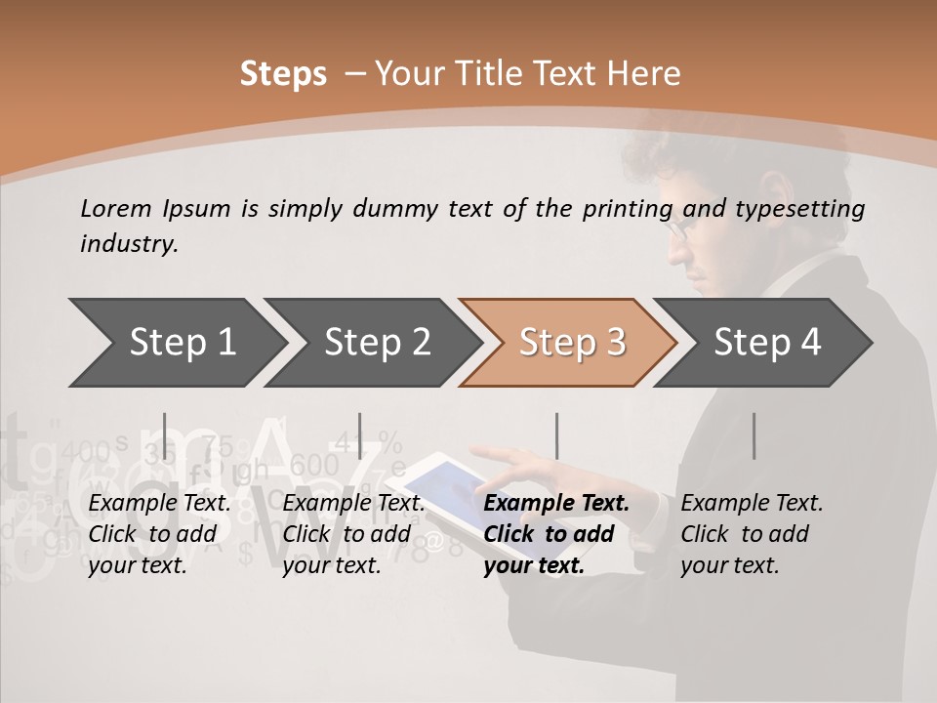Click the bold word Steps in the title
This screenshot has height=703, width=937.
coord(283,73)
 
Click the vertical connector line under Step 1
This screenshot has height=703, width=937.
coord(165,435)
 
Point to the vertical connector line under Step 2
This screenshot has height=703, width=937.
coord(360,435)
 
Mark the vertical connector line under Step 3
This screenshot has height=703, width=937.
coord(556,435)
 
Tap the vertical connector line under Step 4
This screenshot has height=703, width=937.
coord(754,435)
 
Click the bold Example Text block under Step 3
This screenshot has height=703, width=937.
coord(555,534)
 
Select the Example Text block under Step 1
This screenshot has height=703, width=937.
coord(159,534)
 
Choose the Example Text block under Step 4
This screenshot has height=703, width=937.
coord(752,534)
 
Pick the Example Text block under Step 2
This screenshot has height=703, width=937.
coord(353,534)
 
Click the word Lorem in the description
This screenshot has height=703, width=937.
coord(115,208)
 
